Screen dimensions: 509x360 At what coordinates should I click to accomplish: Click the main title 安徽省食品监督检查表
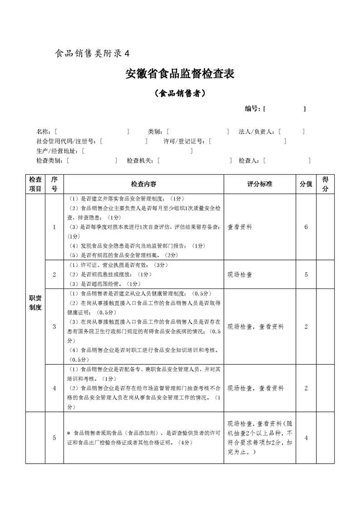pos(180,74)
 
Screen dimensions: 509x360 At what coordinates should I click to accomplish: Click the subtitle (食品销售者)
pos(180,93)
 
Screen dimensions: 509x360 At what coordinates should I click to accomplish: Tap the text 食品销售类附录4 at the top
pos(92,53)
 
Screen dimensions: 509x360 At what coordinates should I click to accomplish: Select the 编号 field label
pos(252,109)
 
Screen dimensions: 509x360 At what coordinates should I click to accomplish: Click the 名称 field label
pos(44,132)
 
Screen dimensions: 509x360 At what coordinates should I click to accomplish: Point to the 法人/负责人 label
pos(256,132)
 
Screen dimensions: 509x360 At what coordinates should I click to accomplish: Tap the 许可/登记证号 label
pos(184,141)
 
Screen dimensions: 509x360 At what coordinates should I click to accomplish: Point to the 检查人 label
pos(249,160)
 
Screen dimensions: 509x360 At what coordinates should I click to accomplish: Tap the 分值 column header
pos(306,184)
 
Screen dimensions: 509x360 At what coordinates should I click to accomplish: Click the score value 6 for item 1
pos(306,227)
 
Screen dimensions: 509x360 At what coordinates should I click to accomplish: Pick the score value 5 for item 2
pos(306,274)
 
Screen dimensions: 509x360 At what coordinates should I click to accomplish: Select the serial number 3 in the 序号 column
pos(54,326)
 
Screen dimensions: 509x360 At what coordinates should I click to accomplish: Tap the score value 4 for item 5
pos(306,438)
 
